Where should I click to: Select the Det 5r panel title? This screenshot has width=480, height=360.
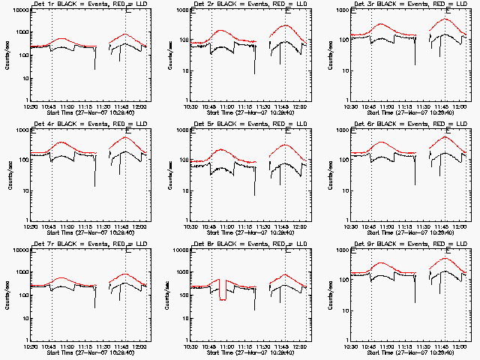click(247, 124)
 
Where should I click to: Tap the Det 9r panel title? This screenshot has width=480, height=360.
click(407, 244)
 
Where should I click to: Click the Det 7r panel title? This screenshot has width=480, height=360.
click(88, 244)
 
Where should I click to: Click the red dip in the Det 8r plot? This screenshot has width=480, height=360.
click(223, 292)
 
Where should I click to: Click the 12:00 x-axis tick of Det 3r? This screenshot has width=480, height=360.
click(459, 107)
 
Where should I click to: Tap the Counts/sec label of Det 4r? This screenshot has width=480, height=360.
click(7, 175)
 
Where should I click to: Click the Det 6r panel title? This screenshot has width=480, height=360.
click(407, 124)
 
